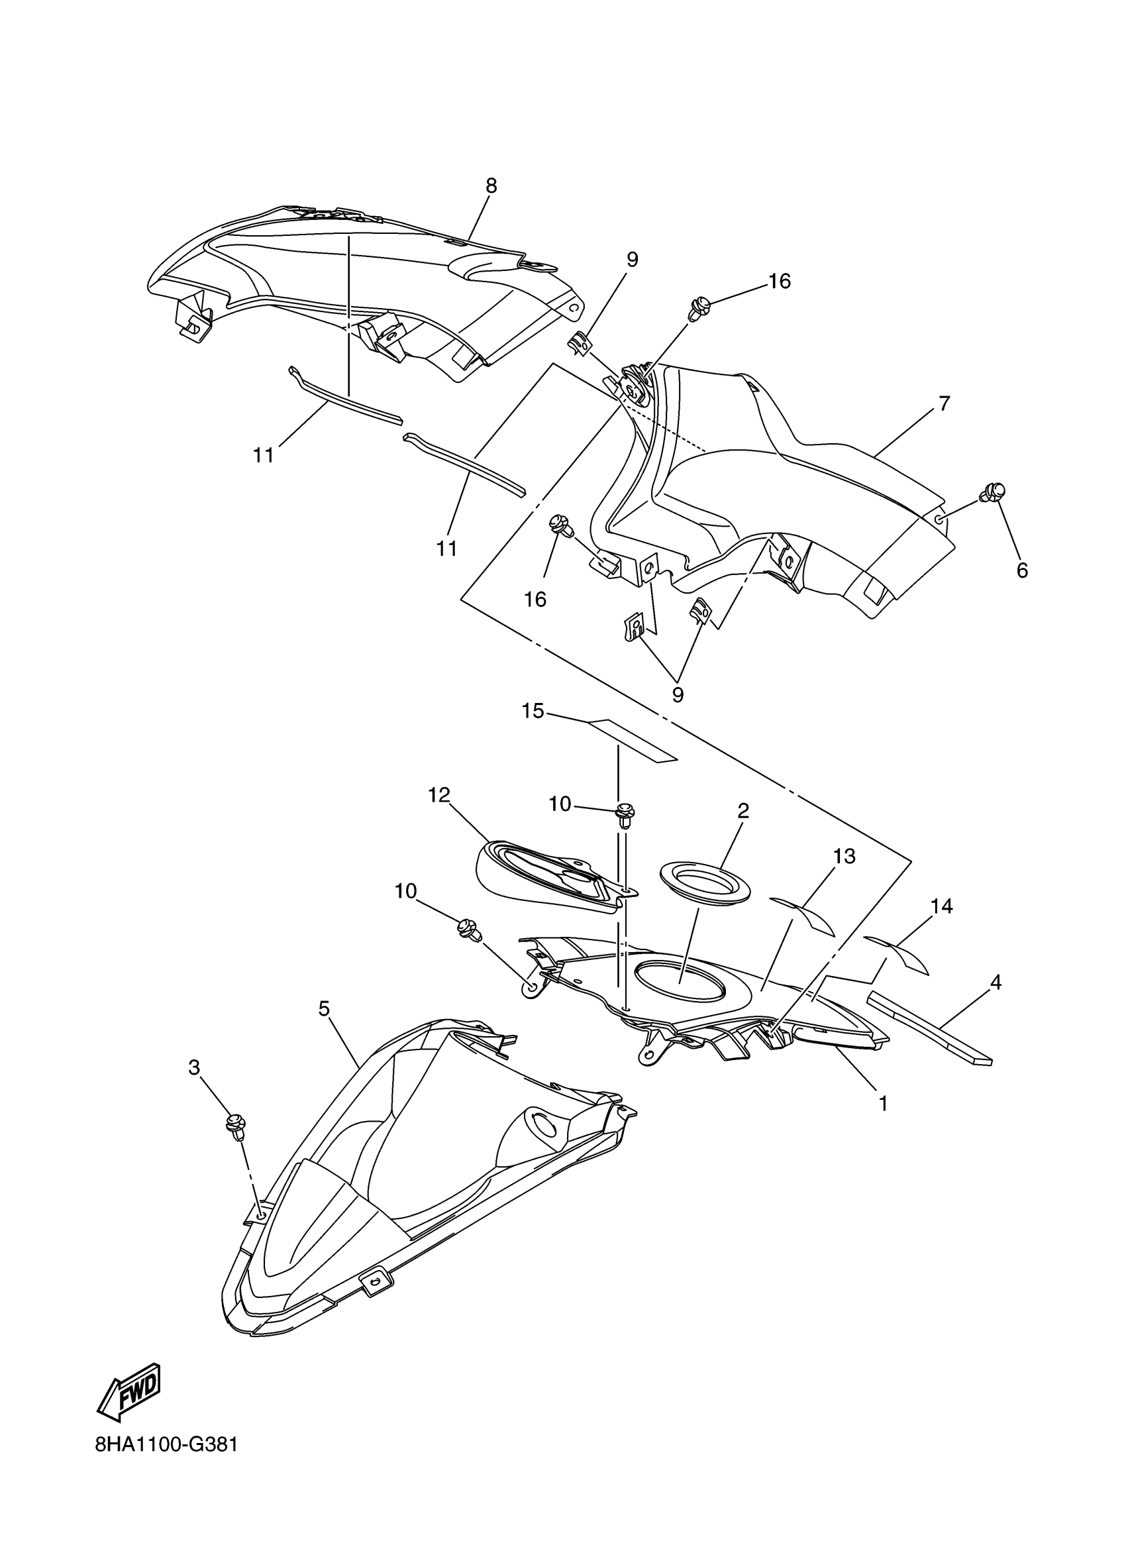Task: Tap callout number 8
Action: (x=491, y=186)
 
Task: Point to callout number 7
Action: (x=945, y=404)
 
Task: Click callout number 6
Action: (x=1022, y=570)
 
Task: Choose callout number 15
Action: (x=533, y=711)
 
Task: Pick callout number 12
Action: (x=438, y=794)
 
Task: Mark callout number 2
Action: (x=743, y=811)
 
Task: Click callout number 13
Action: (x=844, y=857)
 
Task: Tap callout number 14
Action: (x=941, y=906)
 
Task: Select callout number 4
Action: (x=996, y=983)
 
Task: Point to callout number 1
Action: (x=884, y=1103)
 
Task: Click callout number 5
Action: (x=324, y=1008)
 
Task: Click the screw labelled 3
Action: (x=235, y=1126)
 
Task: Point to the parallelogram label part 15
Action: (x=631, y=740)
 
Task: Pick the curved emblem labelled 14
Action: (x=897, y=952)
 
